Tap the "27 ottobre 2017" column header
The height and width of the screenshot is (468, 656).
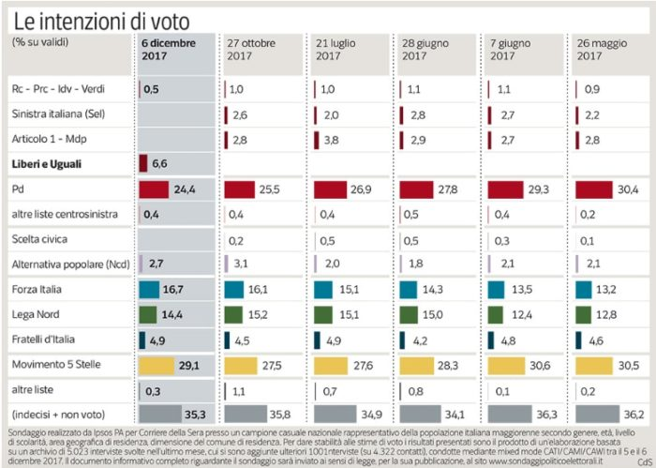[251, 50]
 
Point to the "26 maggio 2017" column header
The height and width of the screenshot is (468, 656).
[599, 50]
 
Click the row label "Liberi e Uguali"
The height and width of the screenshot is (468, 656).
[49, 163]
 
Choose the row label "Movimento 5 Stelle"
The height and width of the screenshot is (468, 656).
[57, 362]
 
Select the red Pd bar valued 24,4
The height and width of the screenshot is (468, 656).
[153, 189]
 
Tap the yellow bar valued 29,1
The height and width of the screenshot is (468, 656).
[156, 363]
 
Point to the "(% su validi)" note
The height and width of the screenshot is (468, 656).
[41, 43]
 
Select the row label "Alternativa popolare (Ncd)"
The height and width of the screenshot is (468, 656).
[70, 264]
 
